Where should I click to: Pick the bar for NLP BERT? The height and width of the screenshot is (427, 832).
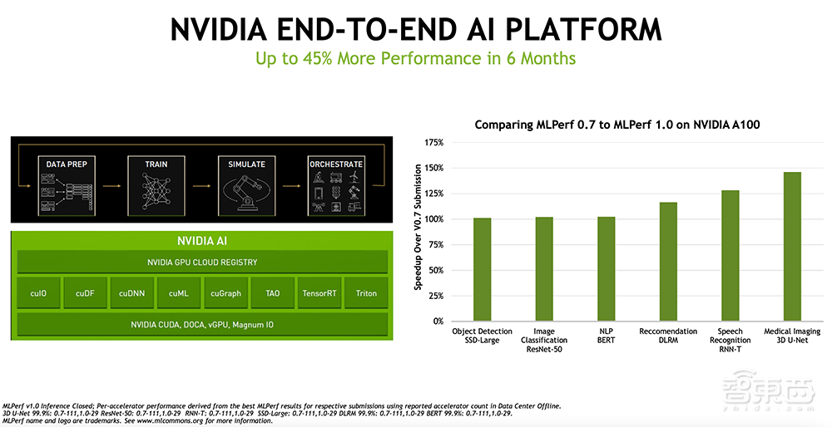606,269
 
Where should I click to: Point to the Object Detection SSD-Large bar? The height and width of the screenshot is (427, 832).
482,269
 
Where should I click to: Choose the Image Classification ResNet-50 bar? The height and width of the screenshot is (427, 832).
544,269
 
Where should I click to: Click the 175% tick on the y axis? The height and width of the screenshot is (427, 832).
433,143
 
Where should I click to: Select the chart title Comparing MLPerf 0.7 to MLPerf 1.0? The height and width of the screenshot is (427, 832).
618,125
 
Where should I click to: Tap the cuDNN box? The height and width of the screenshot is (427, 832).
132,293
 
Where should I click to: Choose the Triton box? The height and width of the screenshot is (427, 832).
366,293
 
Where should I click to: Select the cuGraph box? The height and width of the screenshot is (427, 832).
225,293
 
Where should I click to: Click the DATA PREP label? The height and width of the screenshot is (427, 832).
67,164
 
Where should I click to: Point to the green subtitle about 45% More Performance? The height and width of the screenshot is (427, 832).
415,58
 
